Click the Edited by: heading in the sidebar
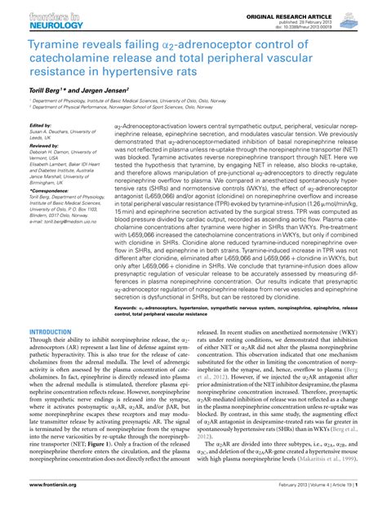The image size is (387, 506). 40,125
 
